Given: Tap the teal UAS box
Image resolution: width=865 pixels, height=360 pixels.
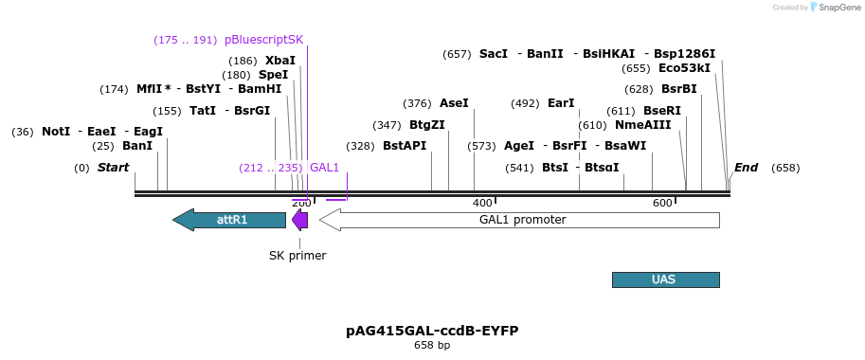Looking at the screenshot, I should [665, 279].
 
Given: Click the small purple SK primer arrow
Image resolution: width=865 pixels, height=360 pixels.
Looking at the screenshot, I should [299, 220].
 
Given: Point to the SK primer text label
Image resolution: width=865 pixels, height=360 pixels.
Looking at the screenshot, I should [297, 255].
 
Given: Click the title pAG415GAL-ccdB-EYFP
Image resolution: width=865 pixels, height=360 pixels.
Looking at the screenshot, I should [432, 331].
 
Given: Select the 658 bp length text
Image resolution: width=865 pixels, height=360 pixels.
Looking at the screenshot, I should [432, 346].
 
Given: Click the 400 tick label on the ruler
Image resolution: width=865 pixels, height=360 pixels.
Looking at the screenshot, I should [482, 203].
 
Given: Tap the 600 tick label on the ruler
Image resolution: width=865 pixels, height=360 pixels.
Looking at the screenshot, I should [662, 203].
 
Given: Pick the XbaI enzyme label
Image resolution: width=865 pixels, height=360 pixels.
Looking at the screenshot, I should [279, 60].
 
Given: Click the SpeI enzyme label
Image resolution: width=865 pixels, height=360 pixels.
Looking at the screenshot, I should [273, 75].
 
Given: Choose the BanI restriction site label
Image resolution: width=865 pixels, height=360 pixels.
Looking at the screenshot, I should [136, 146].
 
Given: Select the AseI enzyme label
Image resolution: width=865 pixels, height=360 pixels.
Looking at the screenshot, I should [454, 103].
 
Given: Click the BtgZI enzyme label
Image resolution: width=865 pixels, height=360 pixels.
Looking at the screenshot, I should [426, 125].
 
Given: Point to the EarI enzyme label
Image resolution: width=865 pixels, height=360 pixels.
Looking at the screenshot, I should [561, 103].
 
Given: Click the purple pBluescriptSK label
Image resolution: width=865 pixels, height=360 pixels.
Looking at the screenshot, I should [263, 40].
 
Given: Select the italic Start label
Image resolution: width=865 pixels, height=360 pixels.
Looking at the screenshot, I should [113, 168].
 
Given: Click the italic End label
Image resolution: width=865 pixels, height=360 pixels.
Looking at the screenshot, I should [746, 168].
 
